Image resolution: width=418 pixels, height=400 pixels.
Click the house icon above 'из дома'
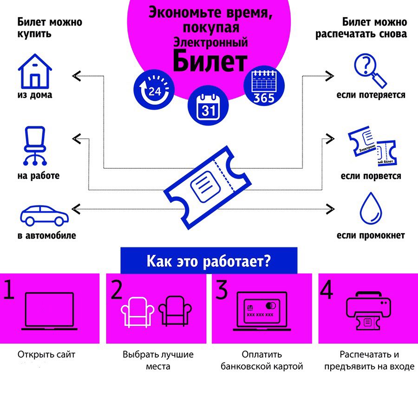coord(35,71)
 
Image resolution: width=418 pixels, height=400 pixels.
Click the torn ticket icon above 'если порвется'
coord(373,148)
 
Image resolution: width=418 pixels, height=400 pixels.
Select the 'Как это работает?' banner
coord(209,260)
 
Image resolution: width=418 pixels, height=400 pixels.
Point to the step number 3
coord(222,290)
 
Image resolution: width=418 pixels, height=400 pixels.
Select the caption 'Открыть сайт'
coord(46,354)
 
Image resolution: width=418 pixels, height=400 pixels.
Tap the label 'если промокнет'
coord(371,235)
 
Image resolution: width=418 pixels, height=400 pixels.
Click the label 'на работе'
coord(39,176)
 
